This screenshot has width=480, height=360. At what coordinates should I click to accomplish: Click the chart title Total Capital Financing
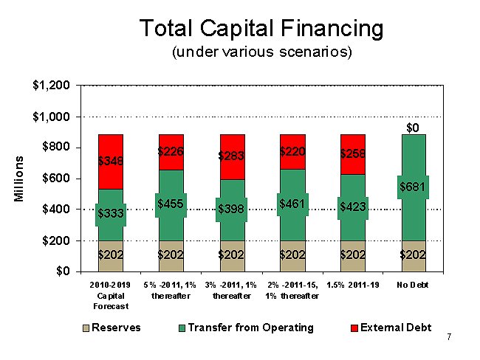[x=261, y=29]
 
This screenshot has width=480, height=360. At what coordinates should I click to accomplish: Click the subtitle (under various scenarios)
[x=261, y=53]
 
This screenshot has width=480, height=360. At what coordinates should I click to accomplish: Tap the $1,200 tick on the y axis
[x=52, y=86]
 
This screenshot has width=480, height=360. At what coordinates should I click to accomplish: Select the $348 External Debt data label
[x=111, y=160]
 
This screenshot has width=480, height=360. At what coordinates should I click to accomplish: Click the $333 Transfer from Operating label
[x=111, y=214]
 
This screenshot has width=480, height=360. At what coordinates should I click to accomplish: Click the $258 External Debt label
[x=353, y=153]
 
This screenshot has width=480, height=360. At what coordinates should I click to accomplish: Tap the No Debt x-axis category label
[x=413, y=285]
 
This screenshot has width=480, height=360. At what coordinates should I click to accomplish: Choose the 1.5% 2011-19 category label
[x=353, y=285]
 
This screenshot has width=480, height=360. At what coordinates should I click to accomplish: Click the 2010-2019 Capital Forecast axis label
[x=111, y=295]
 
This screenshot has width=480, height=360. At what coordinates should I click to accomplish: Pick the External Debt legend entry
[x=395, y=327]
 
